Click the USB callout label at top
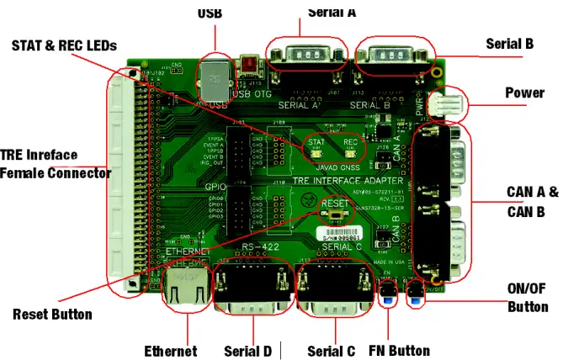(210, 13)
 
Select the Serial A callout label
(331, 12)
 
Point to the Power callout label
(524, 93)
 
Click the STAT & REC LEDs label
(64, 44)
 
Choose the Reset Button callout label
(52, 315)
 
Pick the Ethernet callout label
(170, 350)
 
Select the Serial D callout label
(247, 350)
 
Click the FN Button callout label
(399, 350)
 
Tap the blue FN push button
(387, 296)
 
